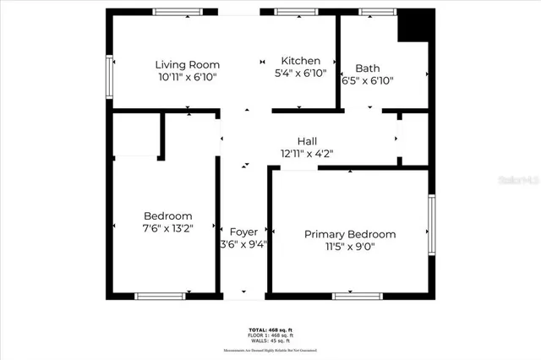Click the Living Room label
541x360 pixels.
pyautogui.click(x=187, y=64)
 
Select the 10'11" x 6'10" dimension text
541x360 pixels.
pyautogui.click(x=187, y=77)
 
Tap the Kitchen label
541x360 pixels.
pyautogui.click(x=301, y=61)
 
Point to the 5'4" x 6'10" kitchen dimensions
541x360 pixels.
pyautogui.click(x=301, y=74)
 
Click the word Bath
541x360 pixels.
pyautogui.click(x=368, y=68)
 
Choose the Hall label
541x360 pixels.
pyautogui.click(x=307, y=141)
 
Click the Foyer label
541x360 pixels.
pyautogui.click(x=243, y=232)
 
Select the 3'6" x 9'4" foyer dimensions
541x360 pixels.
pyautogui.click(x=243, y=245)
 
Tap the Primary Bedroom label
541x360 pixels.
pyautogui.click(x=350, y=234)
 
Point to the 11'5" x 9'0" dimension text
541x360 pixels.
pyautogui.click(x=350, y=247)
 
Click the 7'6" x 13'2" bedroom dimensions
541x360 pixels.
pyautogui.click(x=167, y=228)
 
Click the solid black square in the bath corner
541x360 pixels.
pyautogui.click(x=414, y=25)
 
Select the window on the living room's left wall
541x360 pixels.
pyautogui.click(x=109, y=75)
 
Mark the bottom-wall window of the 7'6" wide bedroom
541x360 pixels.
pyautogui.click(x=161, y=296)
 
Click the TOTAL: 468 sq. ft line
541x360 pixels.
pyautogui.click(x=270, y=330)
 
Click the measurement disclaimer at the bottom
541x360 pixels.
pyautogui.click(x=270, y=349)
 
